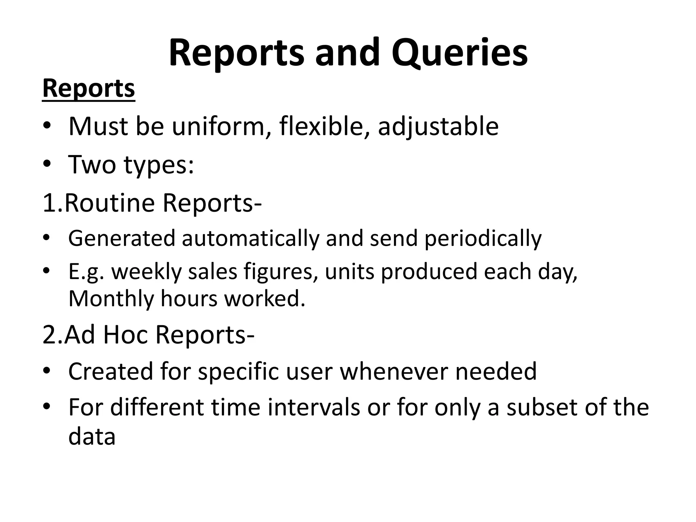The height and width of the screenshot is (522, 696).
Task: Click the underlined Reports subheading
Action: click(x=89, y=88)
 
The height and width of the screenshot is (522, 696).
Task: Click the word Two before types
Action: click(x=92, y=164)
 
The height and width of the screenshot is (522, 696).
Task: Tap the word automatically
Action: click(x=251, y=238)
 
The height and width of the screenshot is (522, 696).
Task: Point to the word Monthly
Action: click(x=111, y=299)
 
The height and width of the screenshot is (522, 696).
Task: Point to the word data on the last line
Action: click(x=92, y=437)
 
